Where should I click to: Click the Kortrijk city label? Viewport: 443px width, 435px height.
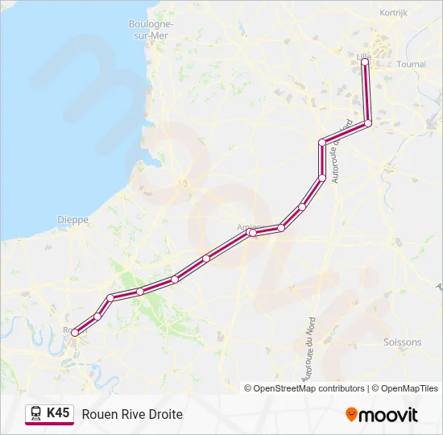(x=394, y=13)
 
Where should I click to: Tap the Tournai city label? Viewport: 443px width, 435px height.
(x=412, y=64)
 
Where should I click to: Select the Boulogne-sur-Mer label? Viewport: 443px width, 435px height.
(x=151, y=30)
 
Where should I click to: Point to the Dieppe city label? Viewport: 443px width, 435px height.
(x=72, y=219)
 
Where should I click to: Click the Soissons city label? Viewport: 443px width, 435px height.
(x=403, y=342)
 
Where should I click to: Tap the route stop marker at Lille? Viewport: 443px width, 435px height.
(x=364, y=61)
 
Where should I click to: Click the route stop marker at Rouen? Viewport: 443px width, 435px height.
(x=74, y=332)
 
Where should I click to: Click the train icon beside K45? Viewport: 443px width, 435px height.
(x=36, y=413)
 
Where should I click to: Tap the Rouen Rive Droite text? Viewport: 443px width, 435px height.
(x=132, y=414)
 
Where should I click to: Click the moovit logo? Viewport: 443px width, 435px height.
(x=382, y=415)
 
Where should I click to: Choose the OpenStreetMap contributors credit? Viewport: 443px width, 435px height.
(x=304, y=388)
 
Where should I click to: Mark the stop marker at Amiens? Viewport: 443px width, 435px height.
(x=252, y=233)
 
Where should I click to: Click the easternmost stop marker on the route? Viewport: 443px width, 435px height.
(x=368, y=123)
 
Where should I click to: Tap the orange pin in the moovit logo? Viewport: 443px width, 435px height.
(x=351, y=415)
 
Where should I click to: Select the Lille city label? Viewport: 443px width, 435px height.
(x=359, y=55)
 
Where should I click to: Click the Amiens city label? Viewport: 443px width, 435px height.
(x=246, y=226)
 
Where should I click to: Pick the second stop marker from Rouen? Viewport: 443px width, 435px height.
(x=97, y=316)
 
